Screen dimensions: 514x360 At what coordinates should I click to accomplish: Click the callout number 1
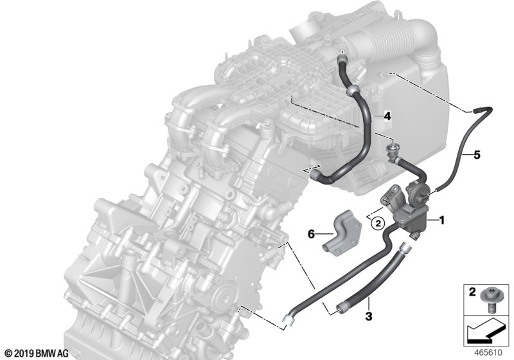click(x=442, y=221)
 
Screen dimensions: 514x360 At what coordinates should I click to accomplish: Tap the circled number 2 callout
click(x=378, y=224)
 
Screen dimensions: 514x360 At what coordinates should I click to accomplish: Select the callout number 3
click(x=368, y=316)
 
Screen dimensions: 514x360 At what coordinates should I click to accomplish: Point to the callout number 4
click(x=387, y=116)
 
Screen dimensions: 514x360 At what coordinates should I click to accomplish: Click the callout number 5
click(x=477, y=154)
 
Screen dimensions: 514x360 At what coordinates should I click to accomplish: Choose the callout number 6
click(x=311, y=234)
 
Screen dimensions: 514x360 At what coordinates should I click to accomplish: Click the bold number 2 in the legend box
click(x=472, y=291)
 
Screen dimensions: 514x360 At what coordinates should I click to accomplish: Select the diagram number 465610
click(x=488, y=353)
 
